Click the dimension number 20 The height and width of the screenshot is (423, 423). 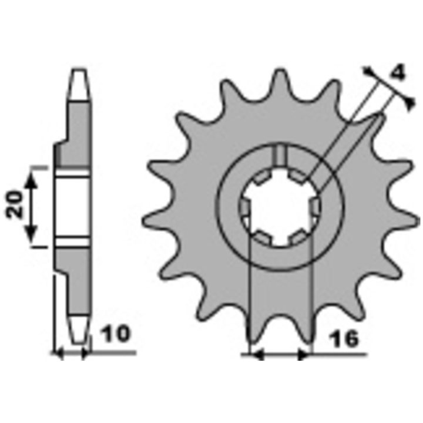pyautogui.click(x=14, y=204)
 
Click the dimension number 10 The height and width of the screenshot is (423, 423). pyautogui.click(x=115, y=334)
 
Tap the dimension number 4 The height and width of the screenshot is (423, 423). pyautogui.click(x=398, y=73)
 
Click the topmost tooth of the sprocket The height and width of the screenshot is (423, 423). pyautogui.click(x=280, y=81)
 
